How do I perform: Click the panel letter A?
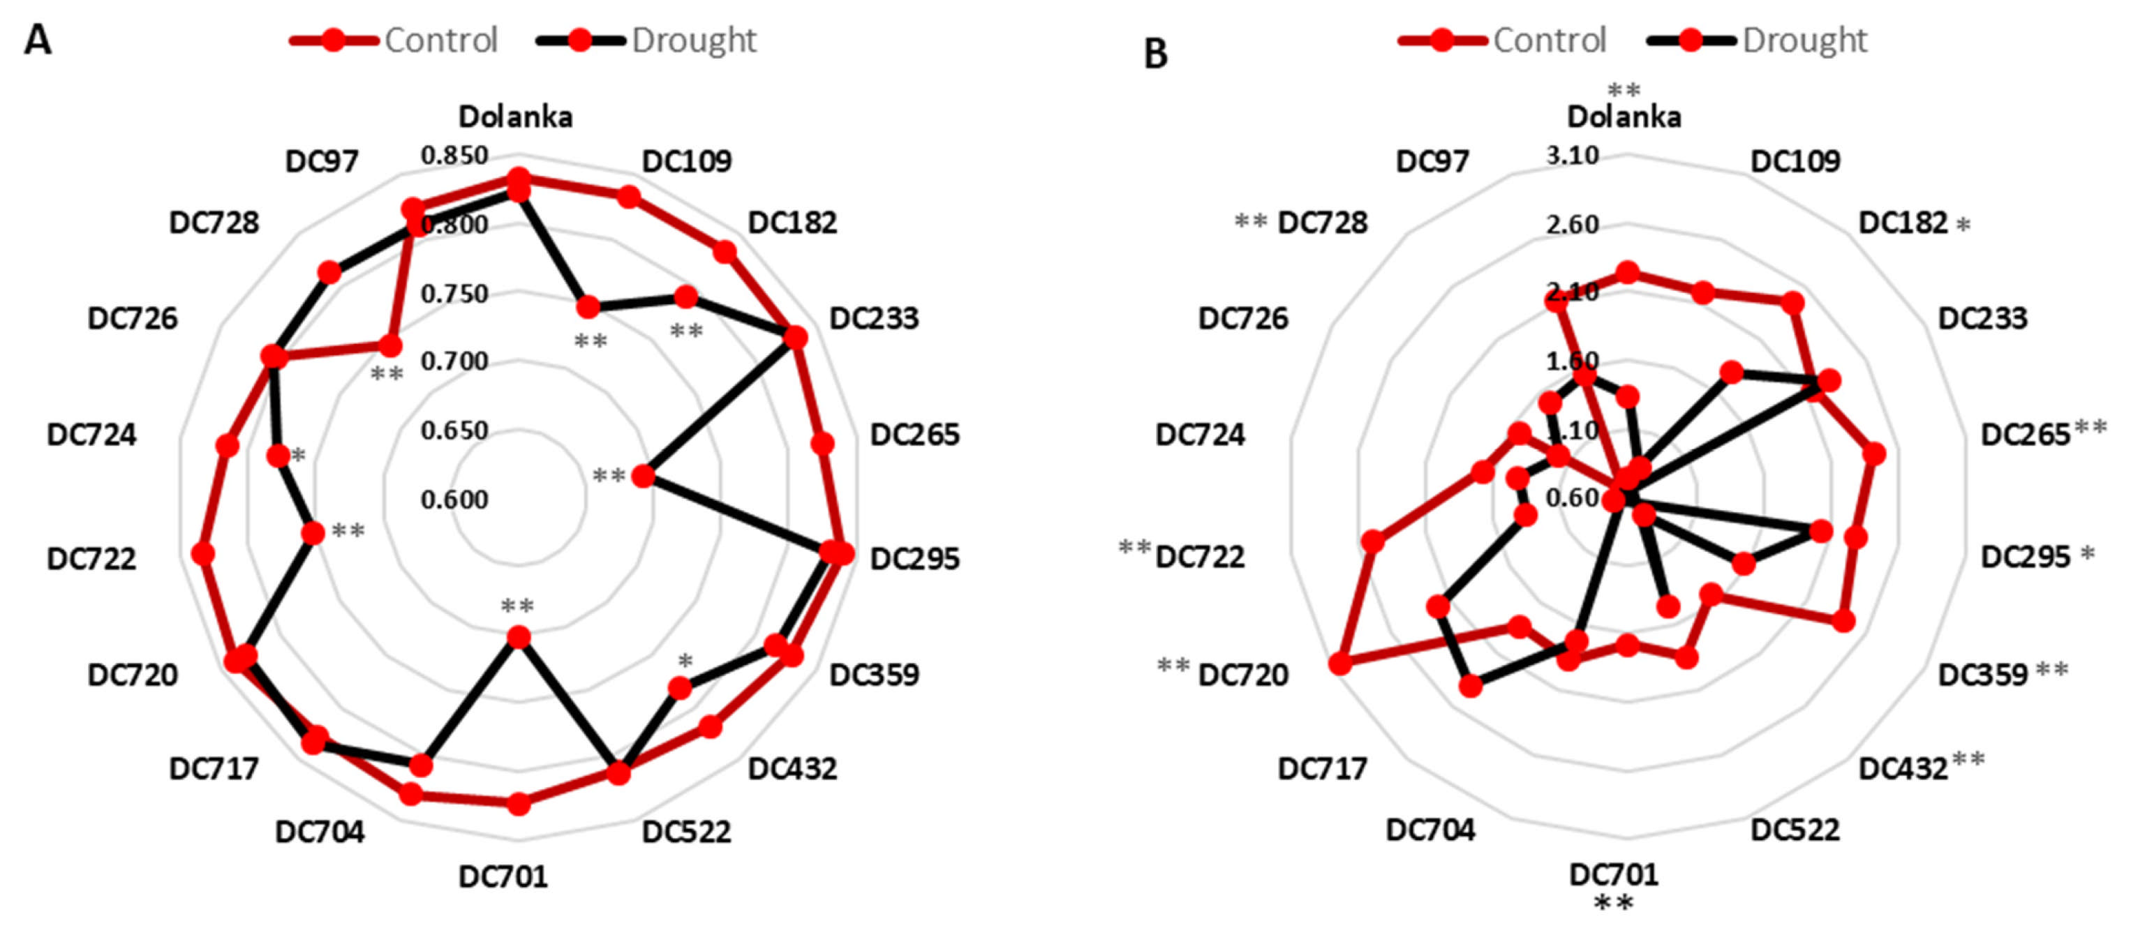click(x=37, y=40)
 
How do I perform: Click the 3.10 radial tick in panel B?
click(x=1573, y=155)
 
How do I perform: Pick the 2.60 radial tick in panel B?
click(x=1573, y=224)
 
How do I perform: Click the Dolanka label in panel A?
click(x=515, y=117)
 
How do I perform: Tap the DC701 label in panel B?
click(x=1613, y=874)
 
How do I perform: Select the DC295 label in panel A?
click(x=914, y=558)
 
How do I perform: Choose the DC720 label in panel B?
click(x=1242, y=675)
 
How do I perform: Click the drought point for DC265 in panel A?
click(x=643, y=477)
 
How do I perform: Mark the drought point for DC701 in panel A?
click(x=518, y=637)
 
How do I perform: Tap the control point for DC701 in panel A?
click(x=518, y=804)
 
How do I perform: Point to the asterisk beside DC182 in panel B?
click(x=1962, y=225)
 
